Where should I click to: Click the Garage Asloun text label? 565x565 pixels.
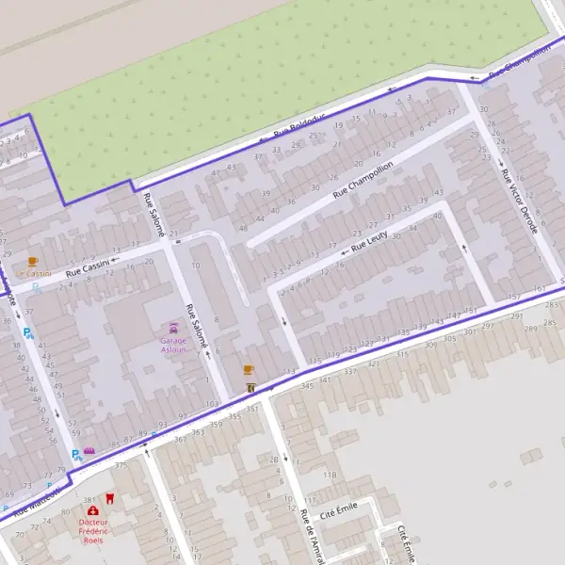click(173, 345)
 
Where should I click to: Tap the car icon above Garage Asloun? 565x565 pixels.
click(173, 327)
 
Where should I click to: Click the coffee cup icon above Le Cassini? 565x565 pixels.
click(33, 261)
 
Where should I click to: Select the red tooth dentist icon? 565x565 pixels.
click(108, 497)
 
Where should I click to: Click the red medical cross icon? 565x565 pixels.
click(92, 510)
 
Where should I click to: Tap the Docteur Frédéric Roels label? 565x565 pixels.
click(92, 531)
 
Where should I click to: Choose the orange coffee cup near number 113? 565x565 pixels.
click(249, 370)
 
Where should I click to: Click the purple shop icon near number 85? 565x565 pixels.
click(89, 451)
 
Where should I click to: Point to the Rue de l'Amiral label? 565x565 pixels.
click(307, 535)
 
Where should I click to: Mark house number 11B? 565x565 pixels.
click(330, 475)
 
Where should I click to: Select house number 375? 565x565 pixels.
click(121, 465)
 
